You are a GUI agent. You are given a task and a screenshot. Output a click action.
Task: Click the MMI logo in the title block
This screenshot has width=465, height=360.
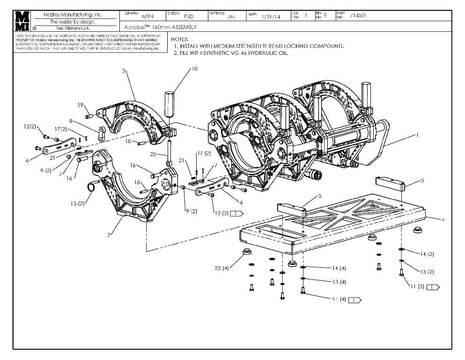[x=22, y=21]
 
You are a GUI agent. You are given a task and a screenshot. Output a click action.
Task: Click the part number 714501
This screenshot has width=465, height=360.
[x=358, y=15]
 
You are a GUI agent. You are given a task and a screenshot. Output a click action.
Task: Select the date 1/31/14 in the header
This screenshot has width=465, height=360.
[x=271, y=16]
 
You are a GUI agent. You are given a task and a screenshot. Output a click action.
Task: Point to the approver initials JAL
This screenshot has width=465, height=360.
[x=231, y=16]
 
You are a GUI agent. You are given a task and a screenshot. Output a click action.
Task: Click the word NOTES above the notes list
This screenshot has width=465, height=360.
[x=180, y=39]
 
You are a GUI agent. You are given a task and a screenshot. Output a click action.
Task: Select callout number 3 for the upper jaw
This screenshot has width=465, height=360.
[x=124, y=71]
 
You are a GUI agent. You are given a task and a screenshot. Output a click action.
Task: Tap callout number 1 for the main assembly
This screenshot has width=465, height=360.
[x=416, y=135]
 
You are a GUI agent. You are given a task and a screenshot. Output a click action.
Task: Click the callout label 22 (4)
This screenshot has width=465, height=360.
[x=222, y=268]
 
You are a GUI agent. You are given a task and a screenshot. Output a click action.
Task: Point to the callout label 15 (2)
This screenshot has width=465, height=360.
[x=78, y=203]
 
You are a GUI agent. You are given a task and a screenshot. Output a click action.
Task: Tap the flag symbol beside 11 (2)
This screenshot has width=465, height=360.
[x=433, y=286]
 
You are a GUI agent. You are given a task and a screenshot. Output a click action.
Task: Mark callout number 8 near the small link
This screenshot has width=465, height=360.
[x=71, y=121]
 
